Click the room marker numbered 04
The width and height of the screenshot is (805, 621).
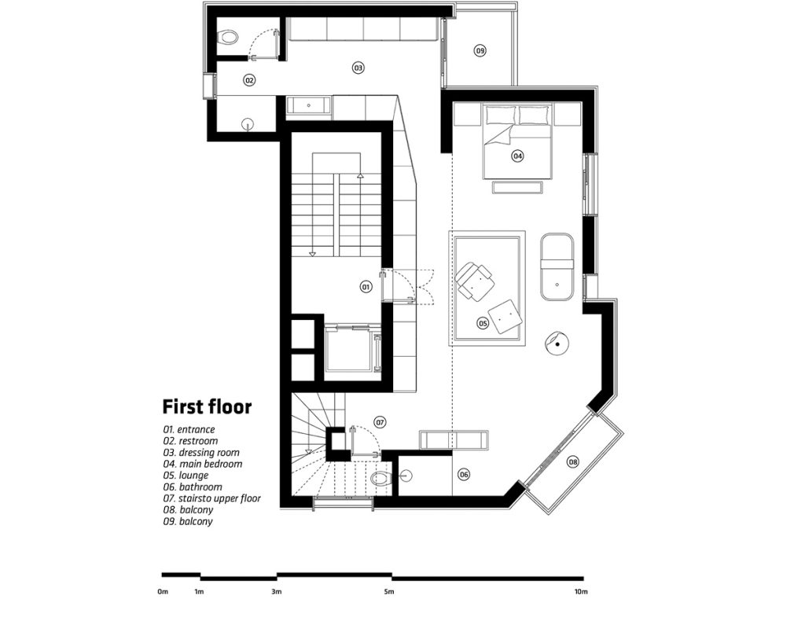click(517, 156)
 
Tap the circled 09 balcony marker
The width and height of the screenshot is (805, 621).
click(480, 50)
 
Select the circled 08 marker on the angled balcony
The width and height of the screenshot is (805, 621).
click(572, 462)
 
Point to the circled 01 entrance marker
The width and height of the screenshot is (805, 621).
click(366, 286)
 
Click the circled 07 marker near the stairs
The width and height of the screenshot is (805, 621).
click(380, 422)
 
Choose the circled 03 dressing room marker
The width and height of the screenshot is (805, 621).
click(358, 68)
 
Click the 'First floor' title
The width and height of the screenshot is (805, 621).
click(207, 407)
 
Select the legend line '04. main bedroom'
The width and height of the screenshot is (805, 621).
click(203, 464)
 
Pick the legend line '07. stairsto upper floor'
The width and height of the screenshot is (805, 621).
click(212, 498)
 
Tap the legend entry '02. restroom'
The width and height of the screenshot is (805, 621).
click(190, 441)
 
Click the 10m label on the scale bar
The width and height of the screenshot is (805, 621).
click(581, 592)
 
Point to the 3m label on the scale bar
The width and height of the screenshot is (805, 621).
click(276, 592)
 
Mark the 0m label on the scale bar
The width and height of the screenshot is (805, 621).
click(163, 592)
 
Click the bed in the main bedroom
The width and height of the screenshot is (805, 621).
click(517, 141)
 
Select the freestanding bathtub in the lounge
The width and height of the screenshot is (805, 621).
click(557, 266)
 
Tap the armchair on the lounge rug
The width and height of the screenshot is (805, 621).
click(475, 280)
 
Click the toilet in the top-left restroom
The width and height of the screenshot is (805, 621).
click(227, 37)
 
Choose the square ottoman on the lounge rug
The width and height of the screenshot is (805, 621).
click(505, 317)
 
